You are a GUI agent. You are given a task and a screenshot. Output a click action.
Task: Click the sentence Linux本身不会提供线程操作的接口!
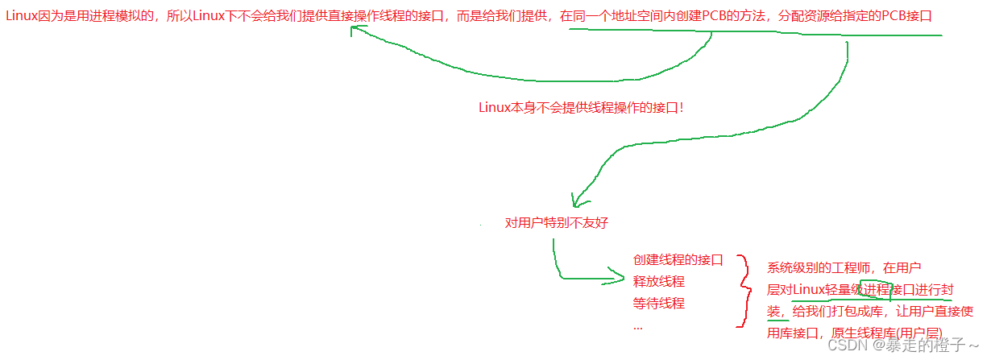pos(581,106)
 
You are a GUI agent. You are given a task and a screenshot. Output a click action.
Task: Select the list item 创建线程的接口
pos(678,259)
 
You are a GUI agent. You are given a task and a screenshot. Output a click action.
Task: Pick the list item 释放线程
pos(658,281)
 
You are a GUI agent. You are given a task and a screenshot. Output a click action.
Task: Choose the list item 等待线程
pos(658,303)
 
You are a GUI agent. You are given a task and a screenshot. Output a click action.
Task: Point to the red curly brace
pos(743,292)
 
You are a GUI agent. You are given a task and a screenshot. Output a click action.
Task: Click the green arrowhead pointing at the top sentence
pos(357,31)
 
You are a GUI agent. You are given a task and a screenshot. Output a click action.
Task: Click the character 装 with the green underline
pos(773,311)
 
